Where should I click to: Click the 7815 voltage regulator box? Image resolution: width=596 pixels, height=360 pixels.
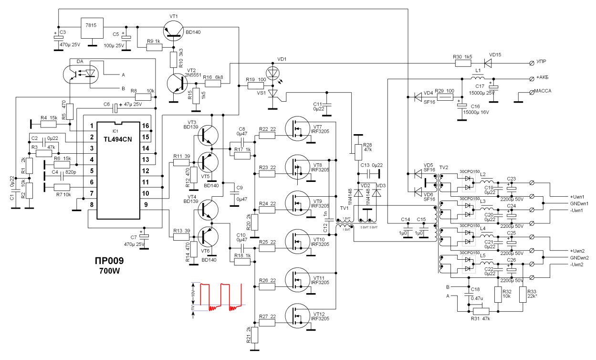pos(93,30)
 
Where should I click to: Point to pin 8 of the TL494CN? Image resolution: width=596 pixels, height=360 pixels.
pos(89,205)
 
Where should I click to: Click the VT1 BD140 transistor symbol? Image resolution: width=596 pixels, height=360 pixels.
pos(171,32)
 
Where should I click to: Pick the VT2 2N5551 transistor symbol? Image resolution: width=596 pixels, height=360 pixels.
pos(178,84)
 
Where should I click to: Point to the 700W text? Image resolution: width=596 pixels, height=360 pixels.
pos(109,271)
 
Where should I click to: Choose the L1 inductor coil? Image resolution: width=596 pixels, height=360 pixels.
pos(477,78)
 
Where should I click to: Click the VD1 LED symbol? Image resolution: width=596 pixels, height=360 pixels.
pos(273,73)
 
